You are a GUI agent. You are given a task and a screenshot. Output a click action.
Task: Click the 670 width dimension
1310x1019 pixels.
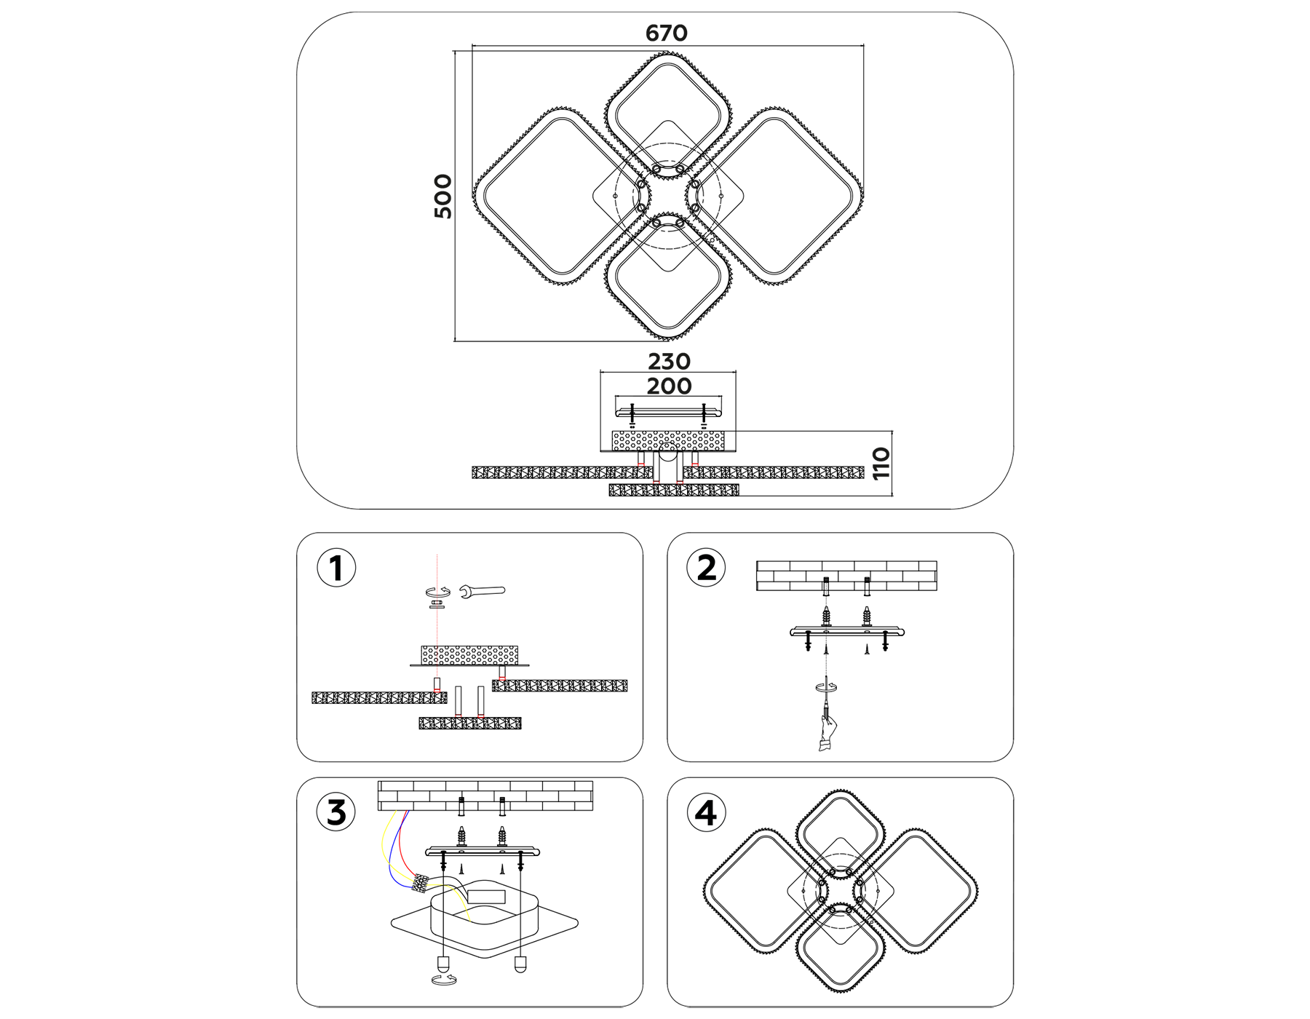[x=666, y=33]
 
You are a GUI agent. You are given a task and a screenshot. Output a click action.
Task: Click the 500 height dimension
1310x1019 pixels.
[x=443, y=196]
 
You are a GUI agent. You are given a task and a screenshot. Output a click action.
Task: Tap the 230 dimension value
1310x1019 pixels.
[x=669, y=362]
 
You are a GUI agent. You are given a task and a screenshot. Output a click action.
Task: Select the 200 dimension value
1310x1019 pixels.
[x=669, y=386]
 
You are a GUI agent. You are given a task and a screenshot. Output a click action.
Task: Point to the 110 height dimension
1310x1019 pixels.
[x=881, y=464]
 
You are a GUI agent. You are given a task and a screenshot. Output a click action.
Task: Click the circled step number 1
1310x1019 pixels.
[x=336, y=568]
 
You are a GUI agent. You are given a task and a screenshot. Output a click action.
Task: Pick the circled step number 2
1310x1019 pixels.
[x=706, y=568]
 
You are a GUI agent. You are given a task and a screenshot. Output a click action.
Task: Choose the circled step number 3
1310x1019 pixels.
[x=336, y=813]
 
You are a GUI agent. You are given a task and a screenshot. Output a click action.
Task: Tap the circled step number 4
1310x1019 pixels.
[x=706, y=813]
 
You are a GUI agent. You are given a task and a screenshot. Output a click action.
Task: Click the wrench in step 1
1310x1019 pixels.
[x=482, y=592]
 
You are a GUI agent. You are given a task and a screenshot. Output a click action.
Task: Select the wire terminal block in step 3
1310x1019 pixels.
[x=420, y=884]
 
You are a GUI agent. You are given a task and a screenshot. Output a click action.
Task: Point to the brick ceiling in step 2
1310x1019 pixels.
[x=846, y=575]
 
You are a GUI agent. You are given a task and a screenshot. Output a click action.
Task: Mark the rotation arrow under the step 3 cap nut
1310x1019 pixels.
[x=444, y=980]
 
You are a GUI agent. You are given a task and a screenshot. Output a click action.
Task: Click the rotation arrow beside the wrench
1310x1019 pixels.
[x=437, y=592]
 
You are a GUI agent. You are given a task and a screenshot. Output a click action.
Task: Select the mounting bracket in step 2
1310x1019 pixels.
[x=847, y=631]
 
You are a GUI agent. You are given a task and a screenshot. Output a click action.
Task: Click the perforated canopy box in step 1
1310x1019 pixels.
[x=469, y=654]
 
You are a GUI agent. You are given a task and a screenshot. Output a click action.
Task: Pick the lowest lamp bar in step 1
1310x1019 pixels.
[x=470, y=723]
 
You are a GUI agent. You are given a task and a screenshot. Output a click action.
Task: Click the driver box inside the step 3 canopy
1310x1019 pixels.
[x=485, y=897]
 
